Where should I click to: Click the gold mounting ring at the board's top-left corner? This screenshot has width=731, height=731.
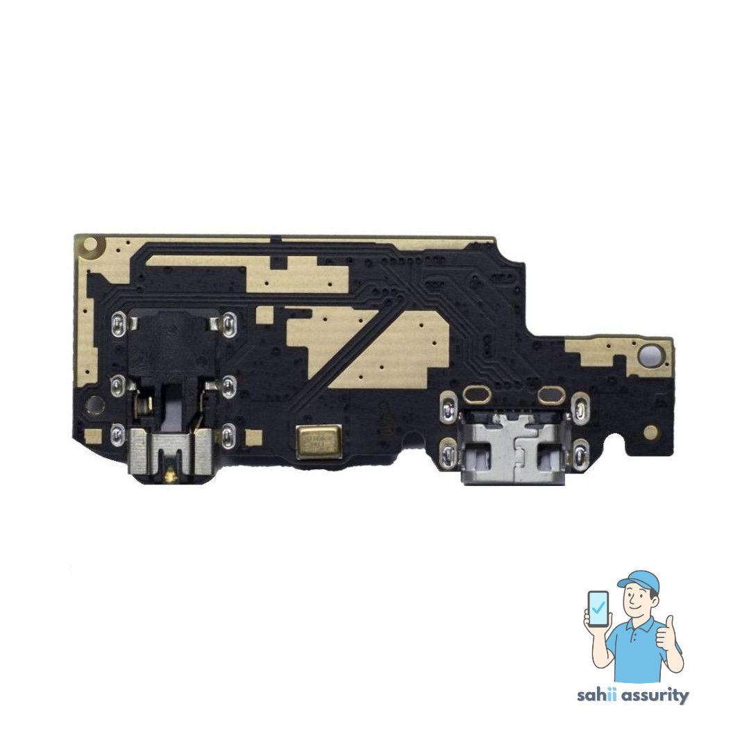pos(90,244)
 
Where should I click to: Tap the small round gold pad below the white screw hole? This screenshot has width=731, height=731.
pos(650,432)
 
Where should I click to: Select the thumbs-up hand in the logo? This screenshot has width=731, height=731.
pos(669,635)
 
